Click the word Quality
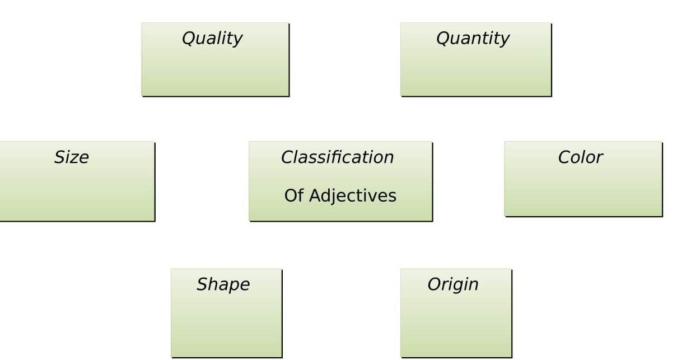click(x=212, y=39)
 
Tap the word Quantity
click(x=473, y=39)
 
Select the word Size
click(x=71, y=157)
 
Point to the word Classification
click(x=337, y=157)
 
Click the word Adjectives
click(x=352, y=196)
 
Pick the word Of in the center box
click(x=293, y=196)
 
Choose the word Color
click(x=580, y=157)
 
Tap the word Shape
click(x=223, y=284)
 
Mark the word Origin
click(x=453, y=284)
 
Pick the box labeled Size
click(x=76, y=190)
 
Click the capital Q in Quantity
click(x=442, y=39)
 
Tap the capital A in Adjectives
click(x=314, y=195)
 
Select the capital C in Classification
click(x=287, y=157)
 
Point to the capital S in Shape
click(x=201, y=284)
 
